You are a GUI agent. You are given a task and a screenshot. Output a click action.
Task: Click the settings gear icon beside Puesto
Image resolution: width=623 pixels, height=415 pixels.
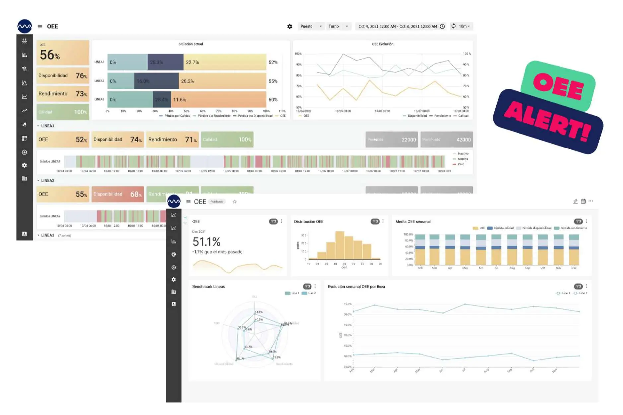289,26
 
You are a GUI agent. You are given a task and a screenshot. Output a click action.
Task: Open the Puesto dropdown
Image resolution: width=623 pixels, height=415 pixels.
311,26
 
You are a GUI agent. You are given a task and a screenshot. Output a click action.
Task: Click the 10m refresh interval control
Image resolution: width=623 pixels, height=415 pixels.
462,26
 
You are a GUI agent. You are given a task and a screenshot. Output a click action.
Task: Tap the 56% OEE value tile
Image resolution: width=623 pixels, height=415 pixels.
63,53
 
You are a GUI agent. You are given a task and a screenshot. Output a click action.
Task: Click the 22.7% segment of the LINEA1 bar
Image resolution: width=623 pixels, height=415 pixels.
225,62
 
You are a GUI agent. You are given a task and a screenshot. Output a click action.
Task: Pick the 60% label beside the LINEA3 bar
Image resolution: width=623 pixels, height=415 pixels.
273,100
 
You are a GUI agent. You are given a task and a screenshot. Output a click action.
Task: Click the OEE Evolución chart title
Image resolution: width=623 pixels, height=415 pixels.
382,44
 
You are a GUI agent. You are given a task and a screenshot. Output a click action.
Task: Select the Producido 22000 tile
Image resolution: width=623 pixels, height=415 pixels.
391,140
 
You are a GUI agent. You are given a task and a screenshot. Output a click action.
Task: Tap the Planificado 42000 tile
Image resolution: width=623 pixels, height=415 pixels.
446,140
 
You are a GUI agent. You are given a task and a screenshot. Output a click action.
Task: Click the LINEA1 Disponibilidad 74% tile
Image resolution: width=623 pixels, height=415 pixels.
117,140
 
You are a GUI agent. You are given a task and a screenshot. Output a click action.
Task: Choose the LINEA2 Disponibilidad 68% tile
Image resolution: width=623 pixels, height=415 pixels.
117,194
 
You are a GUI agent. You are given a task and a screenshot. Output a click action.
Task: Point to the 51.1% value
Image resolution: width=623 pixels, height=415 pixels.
206,241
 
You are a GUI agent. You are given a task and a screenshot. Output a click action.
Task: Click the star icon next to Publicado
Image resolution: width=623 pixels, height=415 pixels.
235,202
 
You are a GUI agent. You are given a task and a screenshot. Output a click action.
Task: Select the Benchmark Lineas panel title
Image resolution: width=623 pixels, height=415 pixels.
208,287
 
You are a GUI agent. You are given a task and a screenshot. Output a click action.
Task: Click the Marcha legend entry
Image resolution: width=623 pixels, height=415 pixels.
462,159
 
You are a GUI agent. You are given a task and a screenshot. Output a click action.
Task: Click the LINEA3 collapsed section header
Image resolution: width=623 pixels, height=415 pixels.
48,235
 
